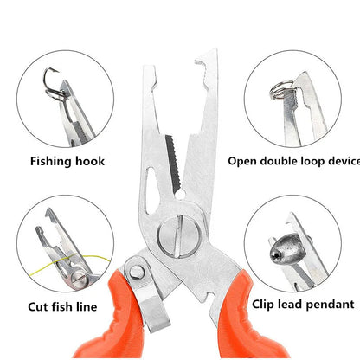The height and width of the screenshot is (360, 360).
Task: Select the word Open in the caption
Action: tap(243, 160)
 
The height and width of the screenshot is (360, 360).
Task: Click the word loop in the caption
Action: tap(316, 160)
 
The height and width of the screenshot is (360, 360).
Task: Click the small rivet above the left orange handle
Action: tap(136, 273)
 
